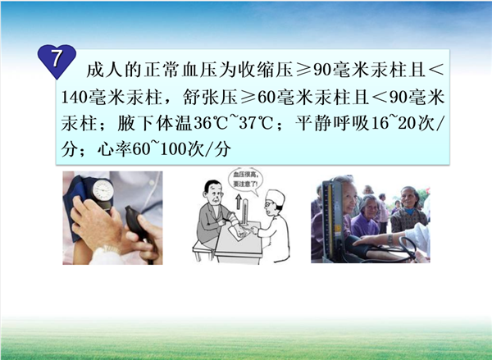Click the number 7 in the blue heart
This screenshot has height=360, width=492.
point(56,58)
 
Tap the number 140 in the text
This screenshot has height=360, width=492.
point(75,97)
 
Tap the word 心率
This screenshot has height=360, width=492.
point(115,149)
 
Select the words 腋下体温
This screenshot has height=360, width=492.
point(155,123)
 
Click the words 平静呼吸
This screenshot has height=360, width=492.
point(333,123)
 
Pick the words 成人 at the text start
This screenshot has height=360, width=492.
point(104,70)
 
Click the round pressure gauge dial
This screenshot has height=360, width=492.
point(102,190)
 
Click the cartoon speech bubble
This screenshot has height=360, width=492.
point(245,181)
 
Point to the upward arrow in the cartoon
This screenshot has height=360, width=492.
point(238,201)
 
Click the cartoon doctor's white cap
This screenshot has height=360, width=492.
point(276,197)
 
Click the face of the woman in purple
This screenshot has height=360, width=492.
point(370,207)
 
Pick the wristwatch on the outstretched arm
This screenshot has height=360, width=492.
point(390,239)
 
